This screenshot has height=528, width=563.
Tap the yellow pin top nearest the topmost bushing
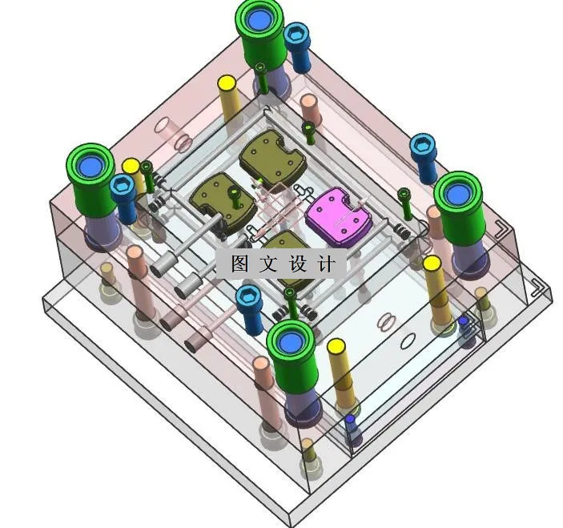tap(227, 83)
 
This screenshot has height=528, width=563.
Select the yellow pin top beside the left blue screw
tap(131, 167)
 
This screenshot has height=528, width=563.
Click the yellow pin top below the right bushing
tap(432, 264)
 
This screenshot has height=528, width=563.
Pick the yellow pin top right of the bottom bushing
tap(336, 347)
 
